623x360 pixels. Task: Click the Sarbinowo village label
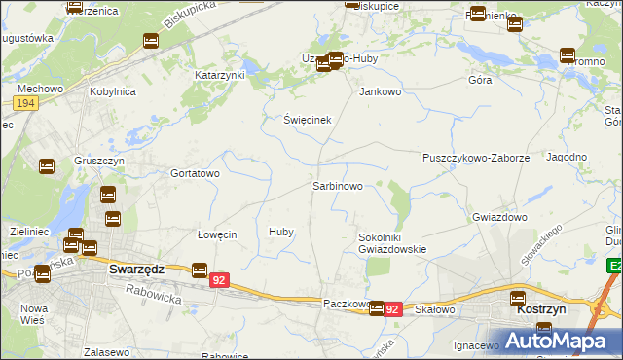338,185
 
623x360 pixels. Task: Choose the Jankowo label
381,92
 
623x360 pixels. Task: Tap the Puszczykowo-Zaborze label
475,158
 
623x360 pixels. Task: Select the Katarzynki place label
220,75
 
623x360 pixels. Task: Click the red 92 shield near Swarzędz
219,280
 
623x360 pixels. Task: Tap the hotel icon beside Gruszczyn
46,166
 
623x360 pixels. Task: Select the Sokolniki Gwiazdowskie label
392,242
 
